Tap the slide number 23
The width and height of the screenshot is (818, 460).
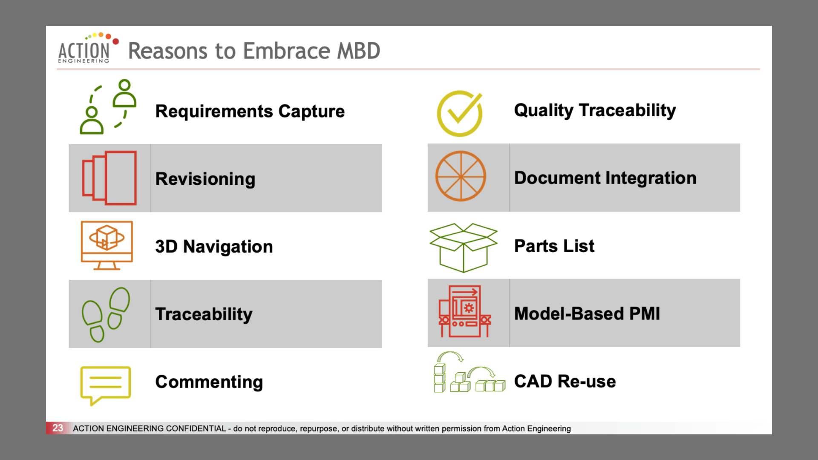click(x=58, y=428)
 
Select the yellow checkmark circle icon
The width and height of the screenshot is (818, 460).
click(x=460, y=114)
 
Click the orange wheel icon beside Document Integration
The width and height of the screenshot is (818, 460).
click(x=461, y=176)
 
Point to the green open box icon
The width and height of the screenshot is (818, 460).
click(x=463, y=247)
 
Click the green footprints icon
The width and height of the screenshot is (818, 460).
click(x=106, y=315)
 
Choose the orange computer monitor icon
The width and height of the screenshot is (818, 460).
click(x=107, y=245)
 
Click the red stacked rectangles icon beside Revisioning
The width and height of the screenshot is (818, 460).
click(x=109, y=178)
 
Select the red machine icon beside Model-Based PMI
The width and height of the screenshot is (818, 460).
click(x=465, y=311)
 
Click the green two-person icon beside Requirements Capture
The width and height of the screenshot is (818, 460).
click(x=108, y=107)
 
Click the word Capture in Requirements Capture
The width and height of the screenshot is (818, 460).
click(x=311, y=112)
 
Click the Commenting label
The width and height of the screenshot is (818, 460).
click(x=209, y=382)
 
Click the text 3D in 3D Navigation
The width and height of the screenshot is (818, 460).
click(x=166, y=247)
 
